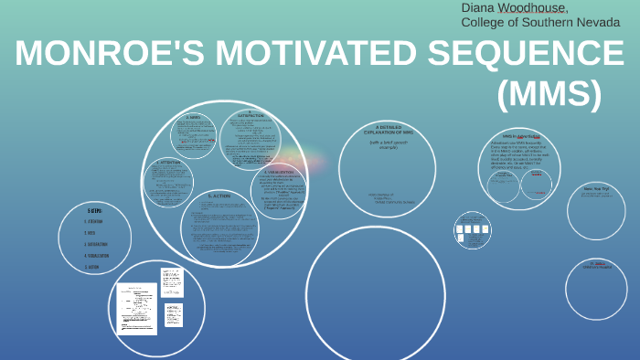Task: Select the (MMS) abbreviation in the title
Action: click(549, 94)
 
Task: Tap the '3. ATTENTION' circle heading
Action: click(170, 163)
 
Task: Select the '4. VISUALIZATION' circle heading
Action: click(278, 171)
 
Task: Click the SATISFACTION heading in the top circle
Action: click(249, 116)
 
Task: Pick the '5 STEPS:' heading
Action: click(94, 210)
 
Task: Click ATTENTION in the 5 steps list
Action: click(94, 221)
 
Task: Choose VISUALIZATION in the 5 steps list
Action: click(97, 256)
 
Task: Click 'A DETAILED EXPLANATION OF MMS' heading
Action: click(389, 130)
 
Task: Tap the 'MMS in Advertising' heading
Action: click(519, 135)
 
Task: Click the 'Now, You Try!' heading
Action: click(595, 189)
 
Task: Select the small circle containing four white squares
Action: click(473, 229)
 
